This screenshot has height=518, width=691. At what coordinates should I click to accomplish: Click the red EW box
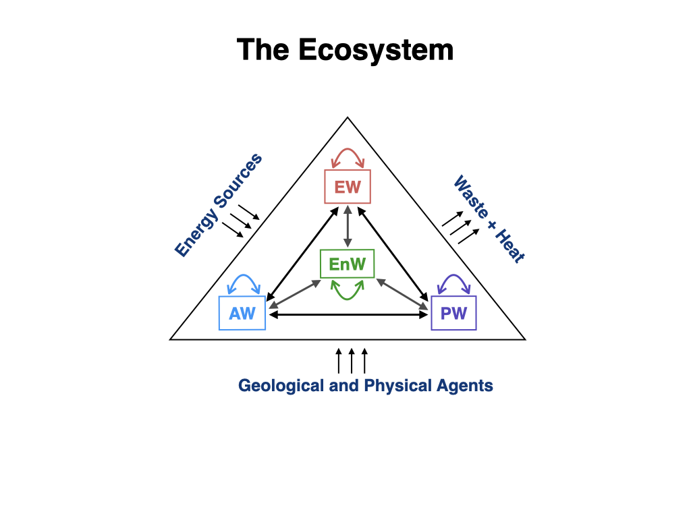coord(348,187)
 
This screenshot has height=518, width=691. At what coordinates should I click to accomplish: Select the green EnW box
coord(347,264)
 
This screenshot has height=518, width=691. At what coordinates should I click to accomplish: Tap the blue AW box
coord(242,314)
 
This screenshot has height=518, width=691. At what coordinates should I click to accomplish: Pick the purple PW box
coord(453,314)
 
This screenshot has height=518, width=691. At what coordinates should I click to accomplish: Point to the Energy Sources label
coord(218,206)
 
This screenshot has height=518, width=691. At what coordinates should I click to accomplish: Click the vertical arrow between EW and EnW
coord(348,226)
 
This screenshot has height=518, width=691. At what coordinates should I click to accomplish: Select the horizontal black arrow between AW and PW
coord(348,315)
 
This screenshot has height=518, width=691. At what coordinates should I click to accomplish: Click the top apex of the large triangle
coord(348,118)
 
